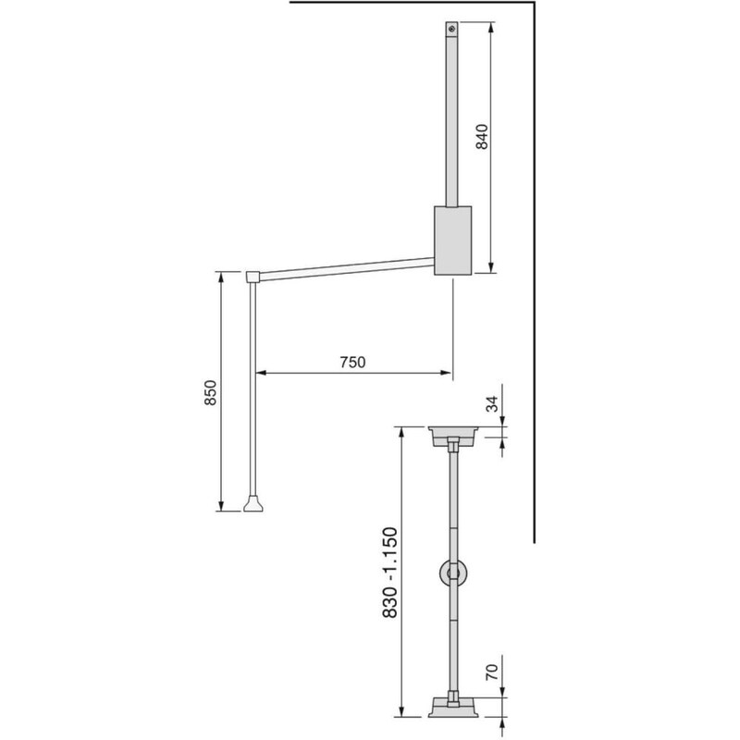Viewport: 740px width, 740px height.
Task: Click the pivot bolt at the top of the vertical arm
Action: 451,30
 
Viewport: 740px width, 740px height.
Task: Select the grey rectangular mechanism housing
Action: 451,240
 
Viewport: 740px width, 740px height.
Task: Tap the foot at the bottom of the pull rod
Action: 253,504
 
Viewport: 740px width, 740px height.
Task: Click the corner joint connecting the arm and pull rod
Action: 253,276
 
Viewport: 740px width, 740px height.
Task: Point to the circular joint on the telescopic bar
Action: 452,574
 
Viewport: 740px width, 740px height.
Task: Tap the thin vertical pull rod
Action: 253,388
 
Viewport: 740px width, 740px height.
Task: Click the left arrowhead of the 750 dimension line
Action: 259,374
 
